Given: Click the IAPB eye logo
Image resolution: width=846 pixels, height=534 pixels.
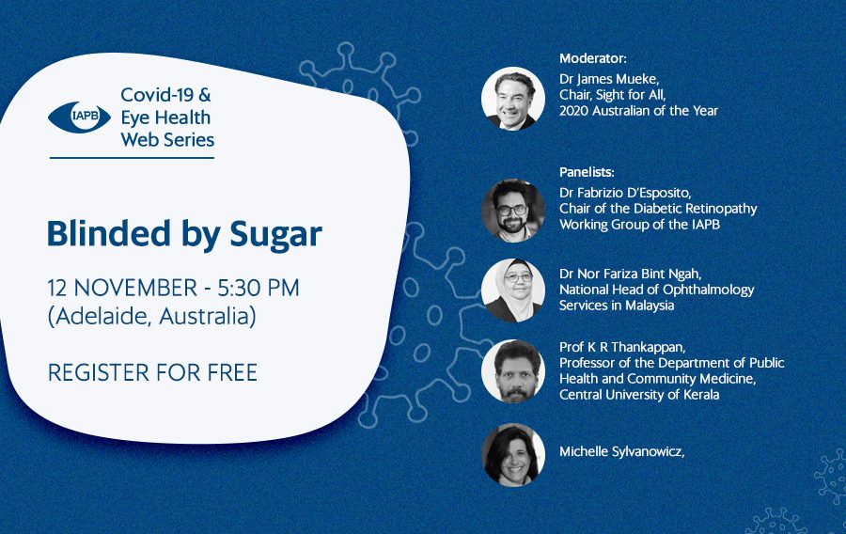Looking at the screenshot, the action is click(x=79, y=118).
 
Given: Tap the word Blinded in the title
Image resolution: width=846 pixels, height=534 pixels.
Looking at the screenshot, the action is click(x=108, y=233).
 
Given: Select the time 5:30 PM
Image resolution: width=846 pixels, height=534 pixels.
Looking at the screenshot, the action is click(x=258, y=288).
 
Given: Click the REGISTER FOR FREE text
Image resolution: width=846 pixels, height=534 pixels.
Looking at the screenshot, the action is click(x=152, y=372).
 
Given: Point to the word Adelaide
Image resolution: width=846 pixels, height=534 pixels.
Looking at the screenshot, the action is click(x=101, y=316).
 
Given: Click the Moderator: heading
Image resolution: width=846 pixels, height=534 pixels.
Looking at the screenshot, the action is click(x=592, y=58).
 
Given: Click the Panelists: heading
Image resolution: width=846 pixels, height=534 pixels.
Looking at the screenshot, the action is click(x=587, y=172).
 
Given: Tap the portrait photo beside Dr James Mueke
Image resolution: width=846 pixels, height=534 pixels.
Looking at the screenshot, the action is click(x=512, y=99).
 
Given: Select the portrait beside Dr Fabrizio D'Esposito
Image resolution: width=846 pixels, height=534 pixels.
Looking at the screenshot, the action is click(x=512, y=211).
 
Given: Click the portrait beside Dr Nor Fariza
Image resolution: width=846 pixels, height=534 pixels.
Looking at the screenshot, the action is click(x=512, y=291).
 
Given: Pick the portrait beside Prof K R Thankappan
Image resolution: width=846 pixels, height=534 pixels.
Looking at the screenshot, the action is click(x=512, y=371).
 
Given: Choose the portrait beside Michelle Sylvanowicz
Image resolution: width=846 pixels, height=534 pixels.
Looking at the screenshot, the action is click(x=512, y=455).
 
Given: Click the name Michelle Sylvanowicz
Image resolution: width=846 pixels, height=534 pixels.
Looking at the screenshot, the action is click(x=621, y=452).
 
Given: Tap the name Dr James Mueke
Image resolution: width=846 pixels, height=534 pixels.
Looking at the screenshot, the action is click(x=608, y=79).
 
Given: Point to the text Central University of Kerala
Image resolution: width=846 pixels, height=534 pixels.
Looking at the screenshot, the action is click(x=639, y=395).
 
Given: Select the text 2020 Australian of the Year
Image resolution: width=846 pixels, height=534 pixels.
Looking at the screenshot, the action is click(x=638, y=111).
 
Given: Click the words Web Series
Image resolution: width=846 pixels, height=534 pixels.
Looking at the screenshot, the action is click(x=167, y=140).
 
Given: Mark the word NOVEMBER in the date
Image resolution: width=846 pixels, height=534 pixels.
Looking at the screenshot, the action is click(x=135, y=288).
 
